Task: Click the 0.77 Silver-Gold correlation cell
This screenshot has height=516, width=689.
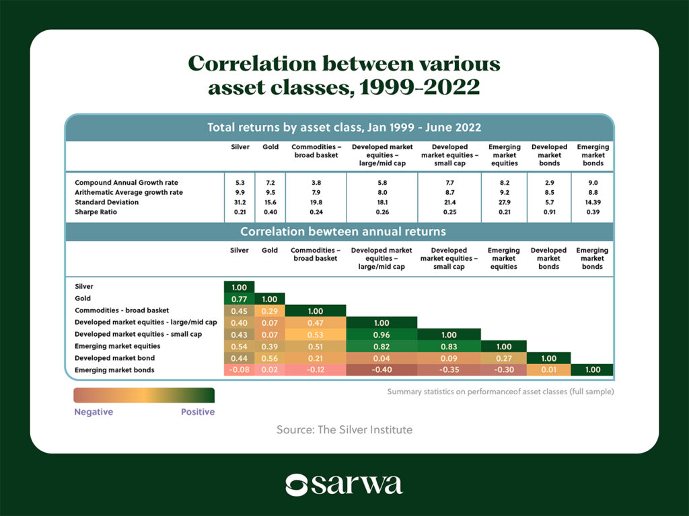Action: (239, 299)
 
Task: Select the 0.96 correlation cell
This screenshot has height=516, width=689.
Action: (382, 335)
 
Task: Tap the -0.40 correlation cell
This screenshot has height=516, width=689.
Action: (382, 370)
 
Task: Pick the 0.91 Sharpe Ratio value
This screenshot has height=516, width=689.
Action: (549, 212)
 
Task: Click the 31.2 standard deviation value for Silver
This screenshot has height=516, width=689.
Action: (240, 202)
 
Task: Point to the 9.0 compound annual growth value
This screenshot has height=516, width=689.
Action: (593, 183)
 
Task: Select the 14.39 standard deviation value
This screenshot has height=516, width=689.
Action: (593, 202)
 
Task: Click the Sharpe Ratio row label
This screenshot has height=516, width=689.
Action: (96, 212)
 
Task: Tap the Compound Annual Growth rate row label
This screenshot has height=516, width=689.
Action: (126, 183)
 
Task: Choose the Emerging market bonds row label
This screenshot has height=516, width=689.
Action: (114, 370)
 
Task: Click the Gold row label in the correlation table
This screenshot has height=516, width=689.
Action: (83, 298)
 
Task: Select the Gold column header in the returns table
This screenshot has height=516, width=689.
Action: (270, 147)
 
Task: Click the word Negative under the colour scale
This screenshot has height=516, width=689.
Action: (94, 412)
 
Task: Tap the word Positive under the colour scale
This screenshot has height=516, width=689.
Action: (198, 412)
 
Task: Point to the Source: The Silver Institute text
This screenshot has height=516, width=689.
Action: (344, 429)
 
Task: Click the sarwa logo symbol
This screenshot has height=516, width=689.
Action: (296, 485)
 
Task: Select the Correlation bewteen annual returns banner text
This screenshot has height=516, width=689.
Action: (343, 232)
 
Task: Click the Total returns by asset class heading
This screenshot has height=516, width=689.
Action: (344, 128)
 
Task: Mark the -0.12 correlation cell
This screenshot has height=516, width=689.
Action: (316, 370)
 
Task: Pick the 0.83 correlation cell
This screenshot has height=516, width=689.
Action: (449, 347)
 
